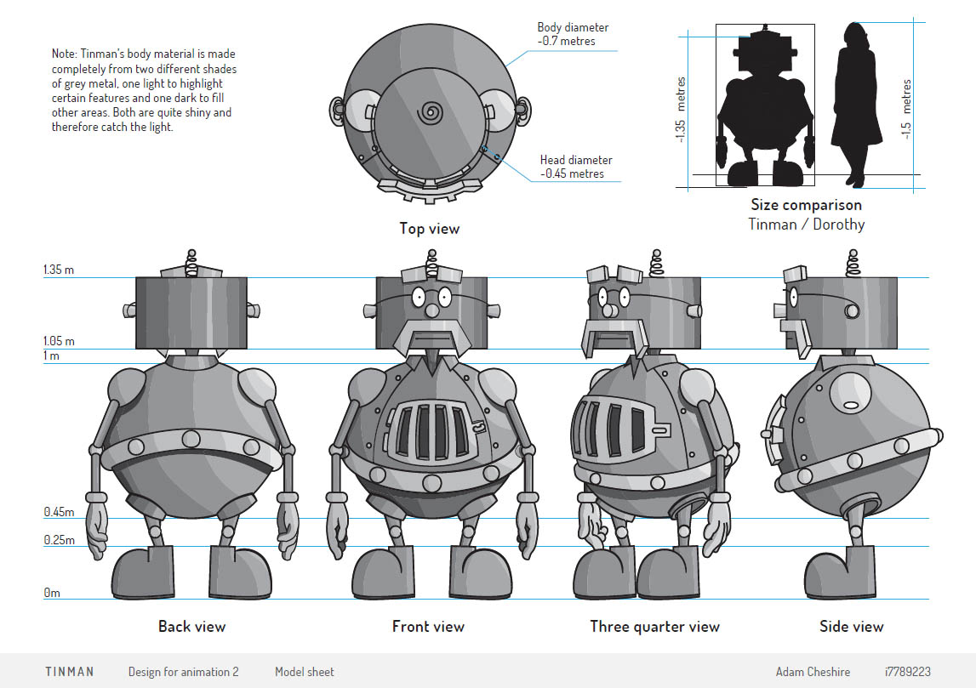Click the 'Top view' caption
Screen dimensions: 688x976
coord(430,228)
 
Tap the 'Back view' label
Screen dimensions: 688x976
coord(192,627)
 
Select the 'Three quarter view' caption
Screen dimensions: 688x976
coord(654,627)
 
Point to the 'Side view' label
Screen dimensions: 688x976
coord(851,627)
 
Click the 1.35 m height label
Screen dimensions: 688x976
coord(59,270)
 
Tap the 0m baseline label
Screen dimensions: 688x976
coord(53,593)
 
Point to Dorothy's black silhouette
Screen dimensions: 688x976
coord(853,102)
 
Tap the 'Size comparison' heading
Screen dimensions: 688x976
coord(806,205)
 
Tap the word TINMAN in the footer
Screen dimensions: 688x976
coord(70,672)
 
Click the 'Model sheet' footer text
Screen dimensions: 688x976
coord(305,672)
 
